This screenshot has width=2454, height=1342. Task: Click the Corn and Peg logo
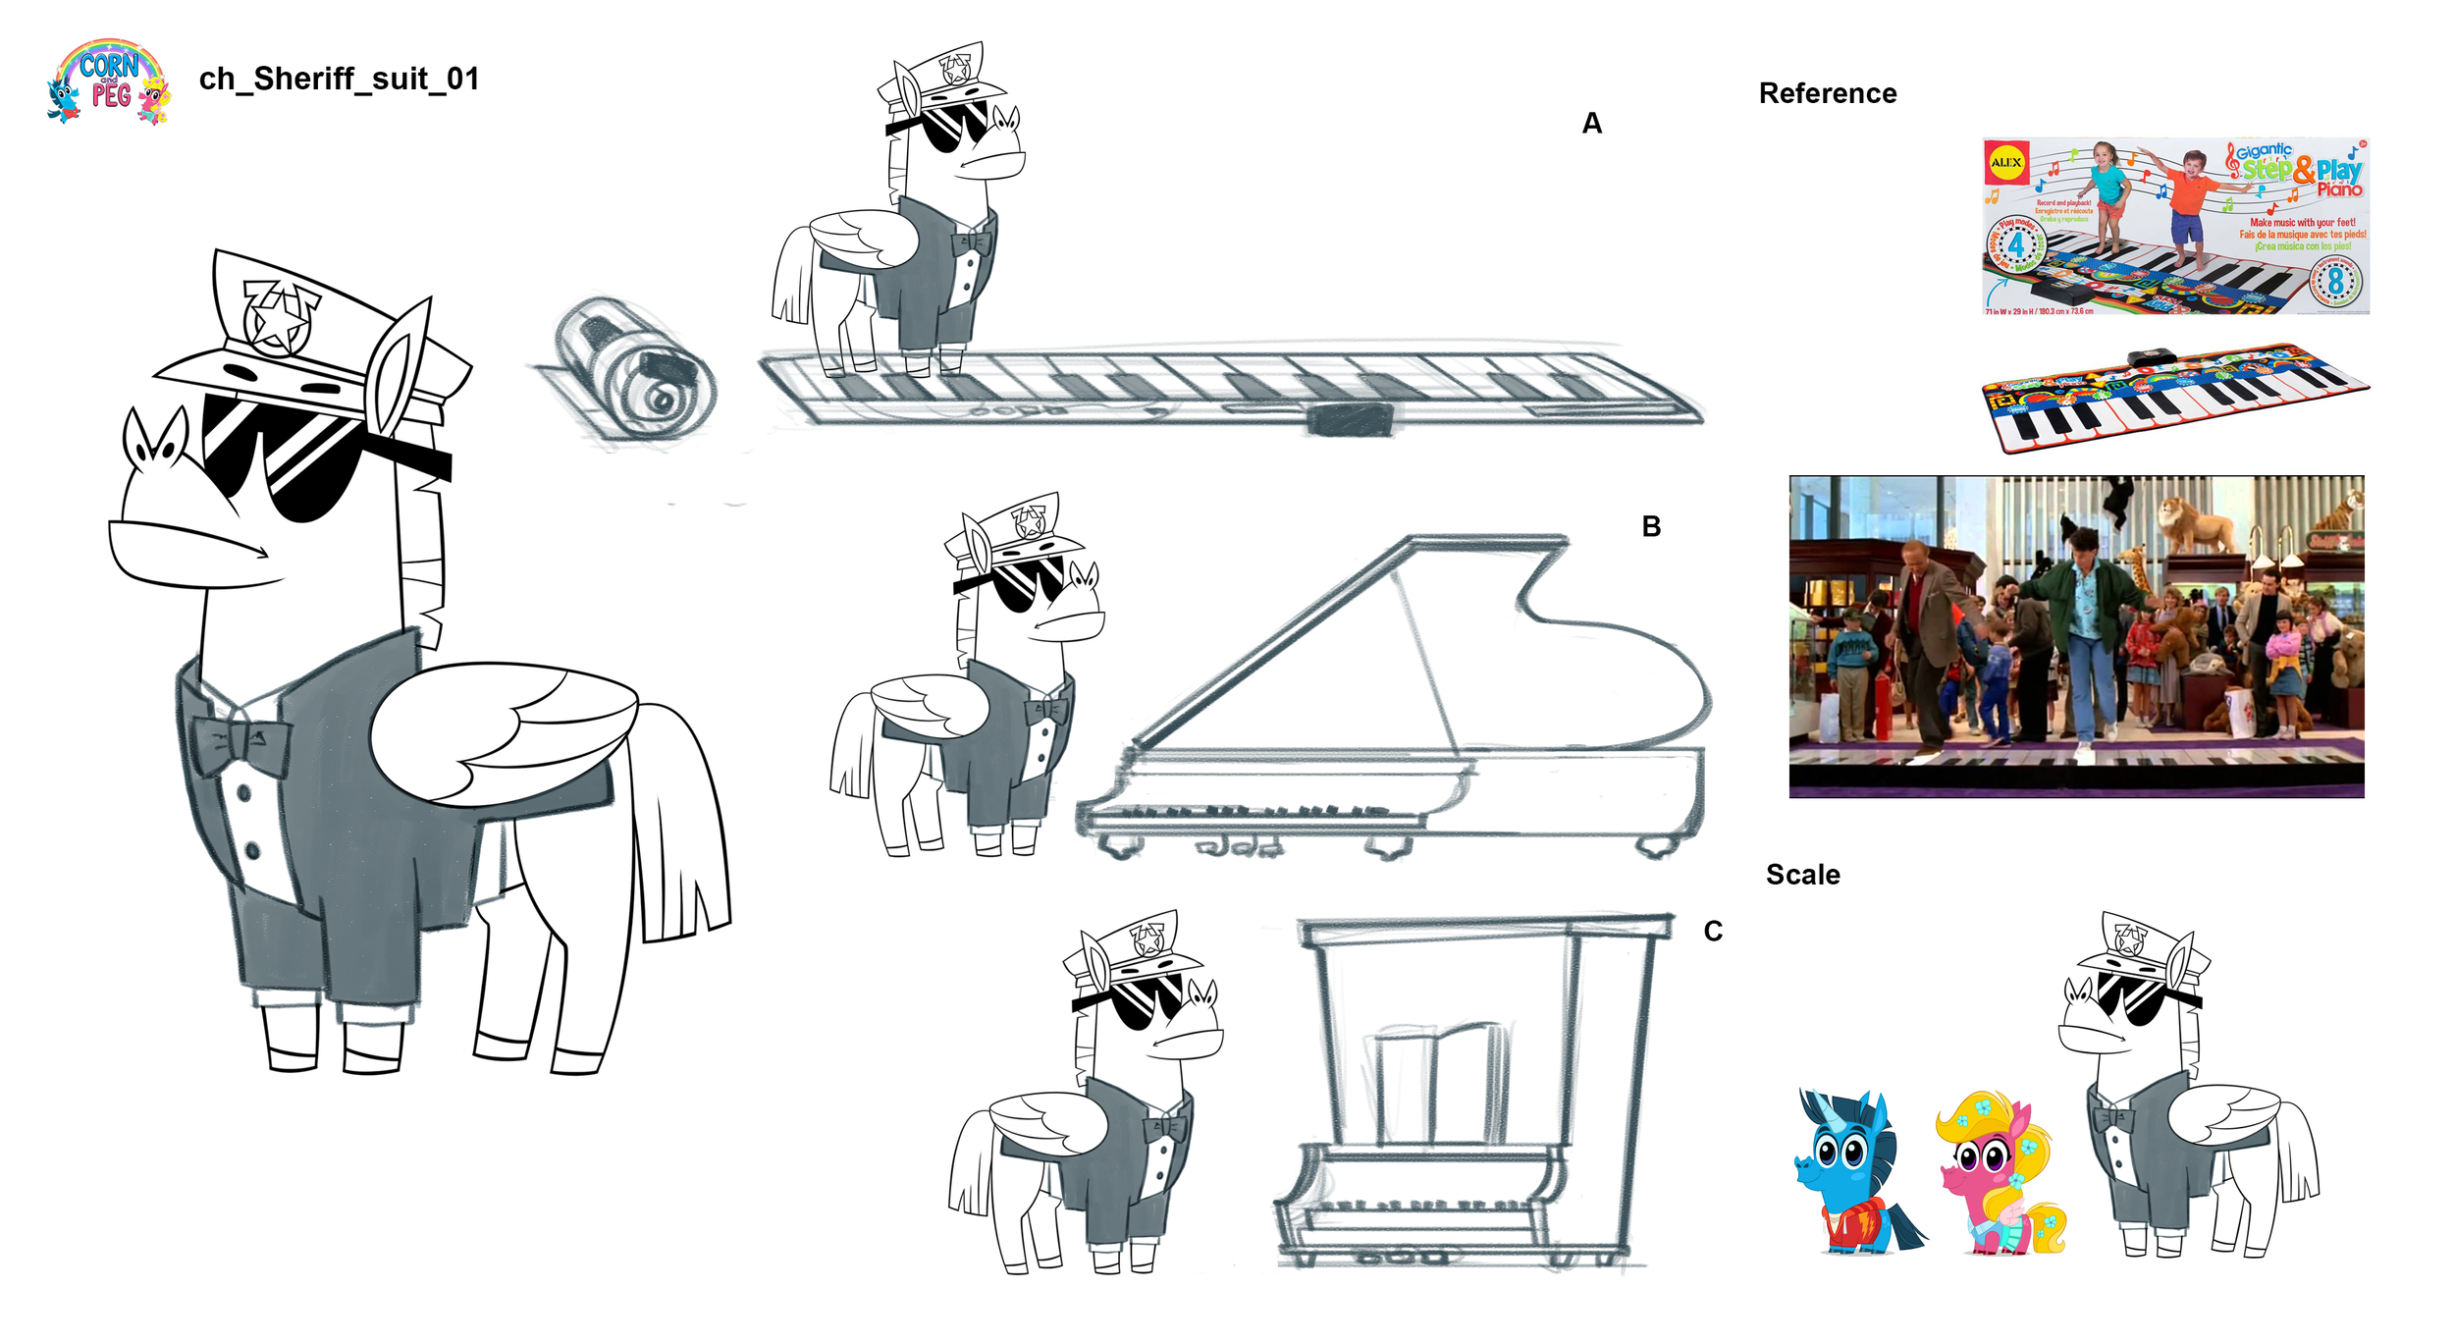click(x=109, y=81)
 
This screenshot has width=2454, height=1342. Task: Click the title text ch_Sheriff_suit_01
click(x=339, y=79)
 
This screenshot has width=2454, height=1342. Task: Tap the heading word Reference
click(x=1827, y=93)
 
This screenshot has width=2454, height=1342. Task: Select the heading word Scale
click(x=1802, y=875)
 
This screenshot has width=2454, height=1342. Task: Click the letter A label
click(x=1591, y=124)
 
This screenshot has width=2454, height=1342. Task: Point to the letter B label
click(x=1651, y=527)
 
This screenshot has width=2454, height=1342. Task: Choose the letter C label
click(x=1713, y=932)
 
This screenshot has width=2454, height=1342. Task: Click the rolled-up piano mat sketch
click(x=633, y=368)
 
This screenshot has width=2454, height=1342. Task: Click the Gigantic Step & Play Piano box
click(x=2175, y=226)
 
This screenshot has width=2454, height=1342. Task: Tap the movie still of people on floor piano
click(x=2076, y=636)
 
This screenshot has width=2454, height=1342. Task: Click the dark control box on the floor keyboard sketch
click(x=1350, y=420)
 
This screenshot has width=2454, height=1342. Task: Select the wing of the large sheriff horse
click(x=506, y=726)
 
